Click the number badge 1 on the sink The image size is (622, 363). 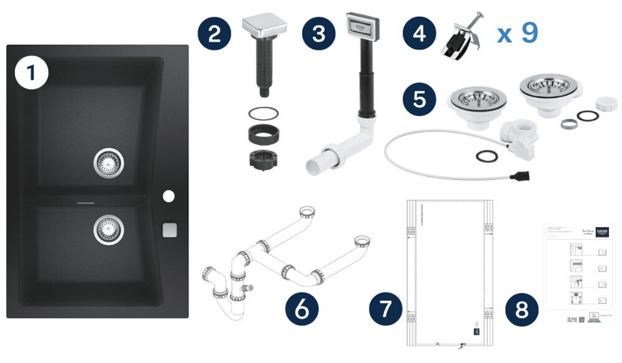[x=31, y=74]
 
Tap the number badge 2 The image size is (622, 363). [x=215, y=33]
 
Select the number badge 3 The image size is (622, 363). [x=319, y=33]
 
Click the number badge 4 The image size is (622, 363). [x=419, y=33]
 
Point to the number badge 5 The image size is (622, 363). [x=419, y=99]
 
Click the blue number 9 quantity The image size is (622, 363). [x=529, y=32]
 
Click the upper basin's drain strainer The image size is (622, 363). [x=108, y=163]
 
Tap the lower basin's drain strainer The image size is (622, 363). [x=108, y=229]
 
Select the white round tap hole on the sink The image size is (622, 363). [x=169, y=197]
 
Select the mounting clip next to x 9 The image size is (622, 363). [x=461, y=37]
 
